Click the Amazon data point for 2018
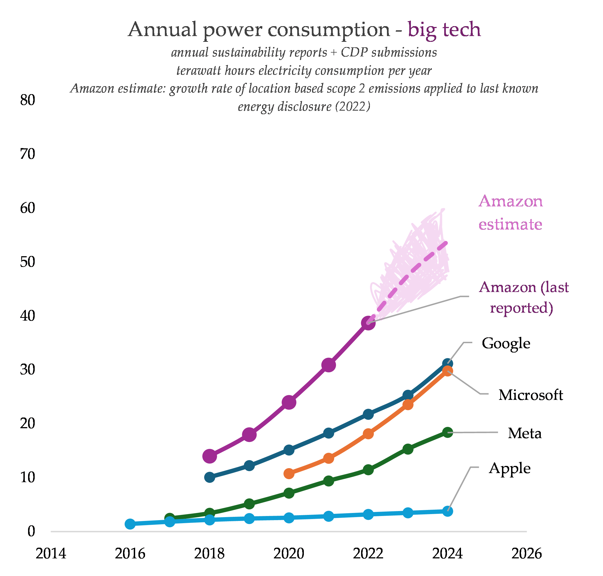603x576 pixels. coord(210,456)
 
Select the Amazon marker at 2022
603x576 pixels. coord(368,323)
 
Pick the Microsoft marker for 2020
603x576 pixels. coord(289,474)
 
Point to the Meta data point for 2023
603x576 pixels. coord(408,449)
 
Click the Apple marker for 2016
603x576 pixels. coord(130,524)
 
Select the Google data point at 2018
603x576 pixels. coord(210,477)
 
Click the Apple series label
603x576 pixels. coord(510,468)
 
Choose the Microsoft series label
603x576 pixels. coord(531,395)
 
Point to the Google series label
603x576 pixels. coord(506,343)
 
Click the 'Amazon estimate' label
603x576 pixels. coord(510,212)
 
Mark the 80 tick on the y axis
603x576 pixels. coord(28,100)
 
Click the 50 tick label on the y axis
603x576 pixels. coord(28,262)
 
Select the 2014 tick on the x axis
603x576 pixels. coord(51,554)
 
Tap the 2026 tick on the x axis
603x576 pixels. coord(526,554)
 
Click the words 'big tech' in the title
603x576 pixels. coord(444,30)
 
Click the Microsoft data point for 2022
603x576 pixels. coord(368,434)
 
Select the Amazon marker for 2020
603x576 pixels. coord(289,402)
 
